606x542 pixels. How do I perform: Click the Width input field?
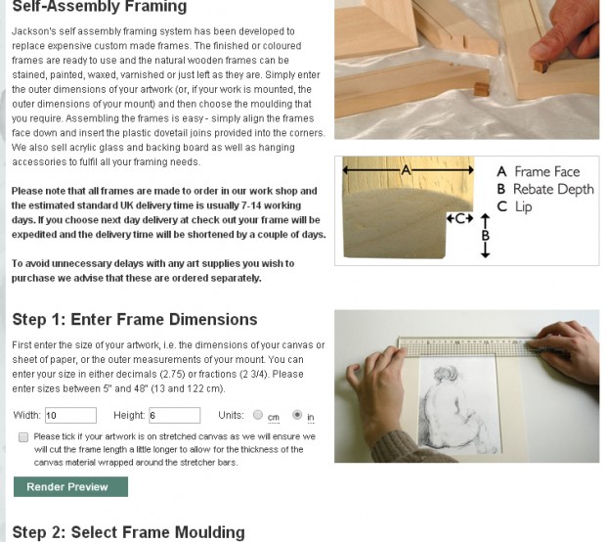pos(69,416)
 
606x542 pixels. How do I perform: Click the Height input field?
pos(173,416)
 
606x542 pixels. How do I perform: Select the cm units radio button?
pos(258,415)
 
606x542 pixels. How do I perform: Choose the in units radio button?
pos(297,415)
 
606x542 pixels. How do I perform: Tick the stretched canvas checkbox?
pos(22,437)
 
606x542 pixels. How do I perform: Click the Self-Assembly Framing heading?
pos(99,8)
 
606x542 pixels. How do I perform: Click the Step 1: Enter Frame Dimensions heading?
pos(134,320)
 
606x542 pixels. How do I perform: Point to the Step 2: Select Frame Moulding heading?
pos(128,532)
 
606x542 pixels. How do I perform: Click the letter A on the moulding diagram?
pos(407,170)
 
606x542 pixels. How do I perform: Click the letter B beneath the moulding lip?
pos(486,235)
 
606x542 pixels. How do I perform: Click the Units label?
pos(231,416)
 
